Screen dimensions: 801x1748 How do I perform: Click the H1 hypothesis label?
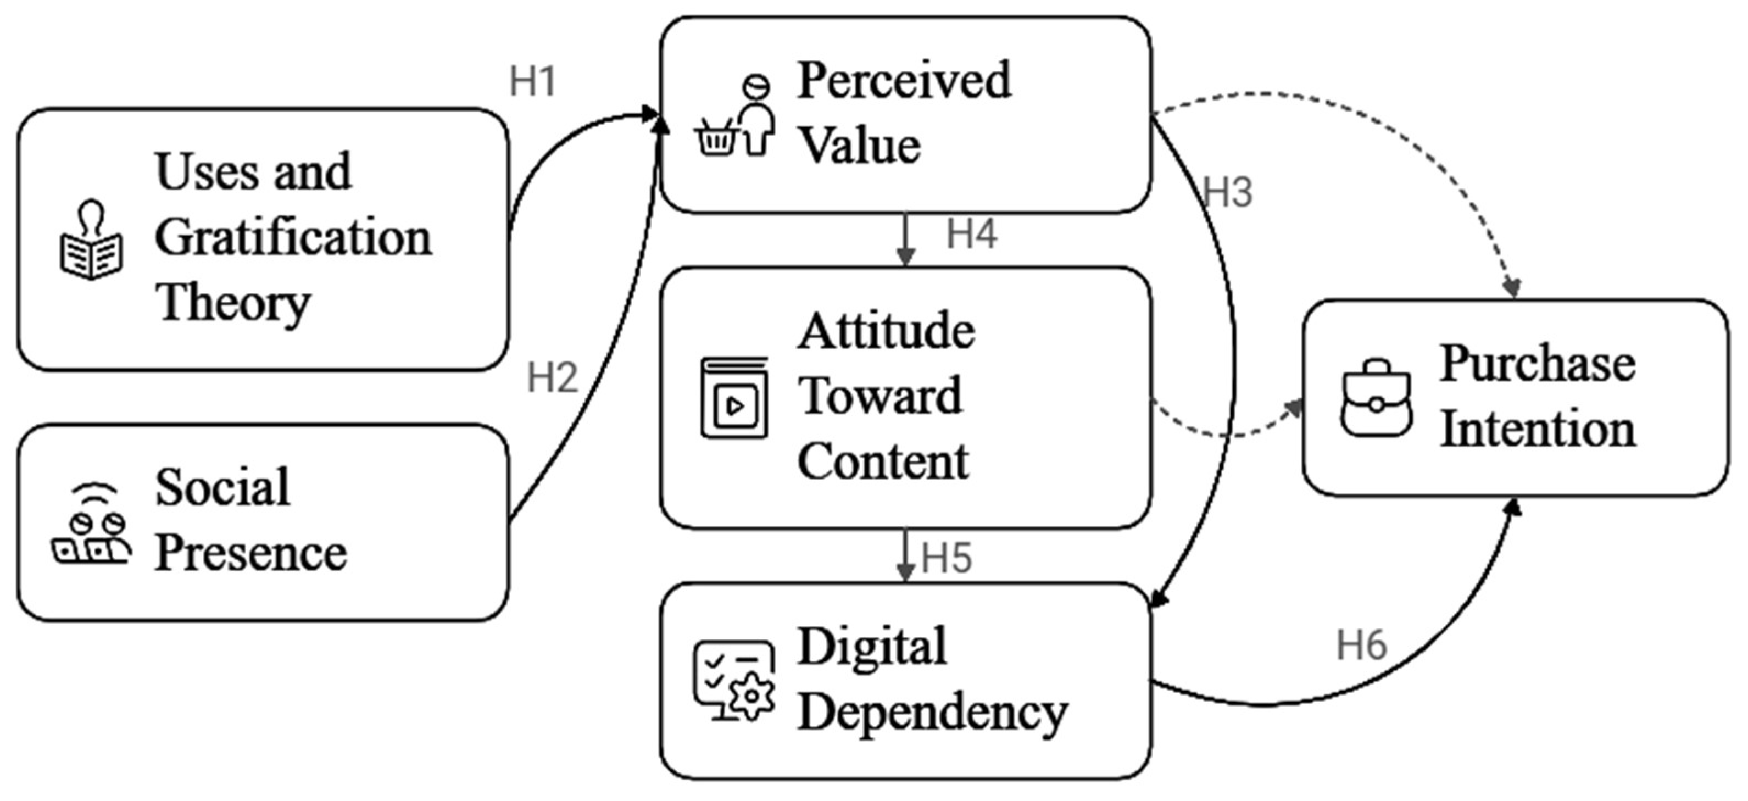point(533,82)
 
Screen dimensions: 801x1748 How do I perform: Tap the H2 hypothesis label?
point(552,377)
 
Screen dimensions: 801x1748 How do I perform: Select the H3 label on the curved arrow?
point(1227,192)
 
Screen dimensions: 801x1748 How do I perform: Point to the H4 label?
point(971,234)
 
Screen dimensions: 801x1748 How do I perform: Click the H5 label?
point(946,558)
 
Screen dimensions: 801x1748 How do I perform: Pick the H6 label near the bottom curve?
point(1361,645)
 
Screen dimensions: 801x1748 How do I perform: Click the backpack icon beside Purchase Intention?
point(1376,398)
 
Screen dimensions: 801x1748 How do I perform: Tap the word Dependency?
point(932,713)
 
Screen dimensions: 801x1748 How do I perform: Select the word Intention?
point(1538,430)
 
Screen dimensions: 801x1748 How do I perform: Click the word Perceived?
point(903,81)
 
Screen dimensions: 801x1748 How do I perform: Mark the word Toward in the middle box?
point(879,396)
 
